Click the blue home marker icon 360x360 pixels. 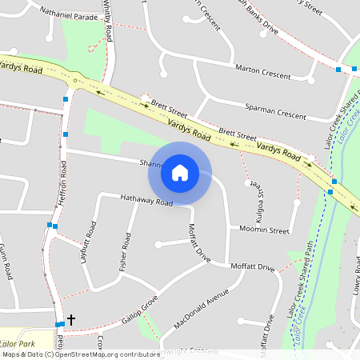[180, 172]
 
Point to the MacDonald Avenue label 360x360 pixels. [195, 314]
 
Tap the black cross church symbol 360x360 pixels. [70, 320]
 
